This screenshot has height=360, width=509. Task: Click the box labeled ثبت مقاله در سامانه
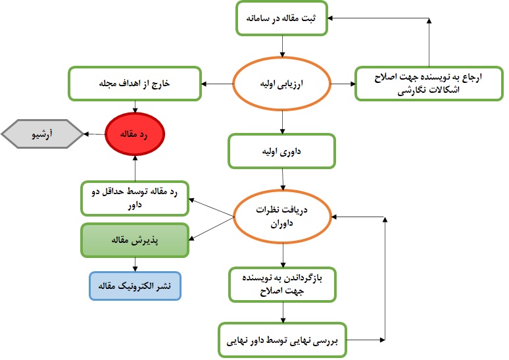click(281, 18)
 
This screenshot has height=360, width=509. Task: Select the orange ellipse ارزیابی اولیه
click(281, 84)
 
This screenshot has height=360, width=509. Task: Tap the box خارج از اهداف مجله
click(135, 84)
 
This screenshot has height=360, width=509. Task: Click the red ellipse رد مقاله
click(135, 134)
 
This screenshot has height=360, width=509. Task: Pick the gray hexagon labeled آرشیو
click(42, 134)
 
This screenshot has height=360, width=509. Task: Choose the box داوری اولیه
click(281, 151)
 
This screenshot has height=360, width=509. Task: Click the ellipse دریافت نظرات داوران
click(282, 217)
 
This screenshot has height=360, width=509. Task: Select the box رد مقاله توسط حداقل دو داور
click(135, 198)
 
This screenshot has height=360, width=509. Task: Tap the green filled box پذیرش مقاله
click(135, 240)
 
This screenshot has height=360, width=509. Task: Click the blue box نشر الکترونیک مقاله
click(135, 286)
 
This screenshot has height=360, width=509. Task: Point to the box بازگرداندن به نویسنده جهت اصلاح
click(282, 284)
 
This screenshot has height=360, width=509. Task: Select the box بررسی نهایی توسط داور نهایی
click(282, 340)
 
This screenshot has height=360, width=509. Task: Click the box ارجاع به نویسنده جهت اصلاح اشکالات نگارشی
click(429, 84)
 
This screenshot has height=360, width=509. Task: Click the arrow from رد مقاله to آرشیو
click(95, 134)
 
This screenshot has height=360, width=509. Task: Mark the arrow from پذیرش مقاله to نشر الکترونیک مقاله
click(135, 265)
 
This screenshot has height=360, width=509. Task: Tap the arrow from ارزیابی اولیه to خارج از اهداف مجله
click(217, 84)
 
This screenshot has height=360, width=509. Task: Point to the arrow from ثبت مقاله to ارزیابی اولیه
click(282, 47)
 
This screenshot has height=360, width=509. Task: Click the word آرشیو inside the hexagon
click(42, 134)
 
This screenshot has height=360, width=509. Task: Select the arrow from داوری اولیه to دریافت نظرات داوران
click(283, 180)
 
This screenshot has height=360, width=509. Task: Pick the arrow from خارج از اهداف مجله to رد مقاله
click(135, 107)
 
